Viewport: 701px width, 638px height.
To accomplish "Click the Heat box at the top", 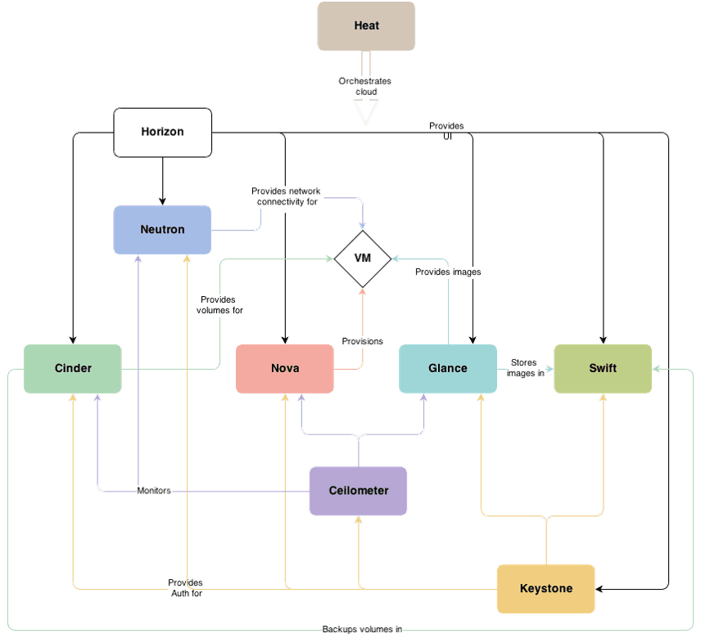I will click(366, 26).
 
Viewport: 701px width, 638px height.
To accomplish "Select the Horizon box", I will click(162, 132).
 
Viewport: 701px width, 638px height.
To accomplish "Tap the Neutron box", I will click(162, 230).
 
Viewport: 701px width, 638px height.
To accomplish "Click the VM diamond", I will click(362, 258).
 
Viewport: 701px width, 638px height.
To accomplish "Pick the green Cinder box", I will click(73, 368).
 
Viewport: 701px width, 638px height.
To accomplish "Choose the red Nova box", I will click(285, 368).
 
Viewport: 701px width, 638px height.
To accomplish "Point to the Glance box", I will click(448, 368).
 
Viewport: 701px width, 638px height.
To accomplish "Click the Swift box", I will click(603, 368).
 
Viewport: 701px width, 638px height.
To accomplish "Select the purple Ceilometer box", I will click(358, 491).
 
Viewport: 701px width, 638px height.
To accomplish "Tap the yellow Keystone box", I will click(545, 589).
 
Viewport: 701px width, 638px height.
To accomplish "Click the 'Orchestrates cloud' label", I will click(365, 86).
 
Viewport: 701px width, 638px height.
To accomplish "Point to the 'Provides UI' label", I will click(446, 131).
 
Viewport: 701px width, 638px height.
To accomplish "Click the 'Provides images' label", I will click(448, 272).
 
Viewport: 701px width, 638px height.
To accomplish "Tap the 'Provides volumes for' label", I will click(219, 305).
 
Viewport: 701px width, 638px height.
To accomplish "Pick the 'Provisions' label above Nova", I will click(362, 340).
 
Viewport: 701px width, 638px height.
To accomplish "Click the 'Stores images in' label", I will click(525, 367).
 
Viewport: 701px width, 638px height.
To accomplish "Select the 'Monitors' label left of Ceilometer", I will click(154, 491).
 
